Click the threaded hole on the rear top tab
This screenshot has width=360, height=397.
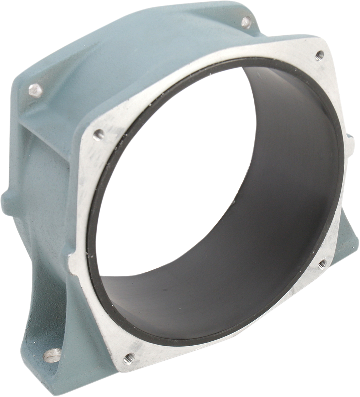(x=246, y=22)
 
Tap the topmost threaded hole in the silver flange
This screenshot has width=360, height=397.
(x=319, y=55)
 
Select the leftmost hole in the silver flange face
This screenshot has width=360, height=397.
(x=98, y=135)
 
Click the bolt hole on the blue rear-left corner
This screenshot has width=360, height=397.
(x=36, y=90)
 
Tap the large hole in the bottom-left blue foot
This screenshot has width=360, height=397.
(x=52, y=355)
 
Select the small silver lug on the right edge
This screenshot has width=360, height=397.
(x=351, y=144)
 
